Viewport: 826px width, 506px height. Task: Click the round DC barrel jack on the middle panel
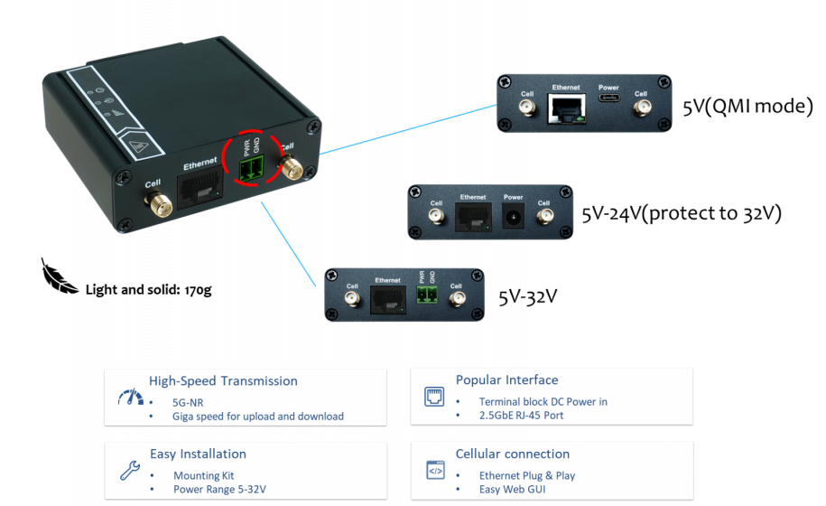tap(513, 216)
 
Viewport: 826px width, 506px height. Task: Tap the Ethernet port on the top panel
tap(565, 109)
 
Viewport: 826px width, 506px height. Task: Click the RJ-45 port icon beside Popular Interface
tap(434, 397)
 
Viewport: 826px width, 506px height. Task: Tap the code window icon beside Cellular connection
tap(434, 470)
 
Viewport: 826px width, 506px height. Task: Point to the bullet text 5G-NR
tap(188, 401)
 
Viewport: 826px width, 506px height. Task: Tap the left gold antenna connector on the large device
tap(153, 202)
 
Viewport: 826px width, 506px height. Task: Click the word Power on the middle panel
tap(513, 197)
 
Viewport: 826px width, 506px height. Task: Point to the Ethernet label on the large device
tap(201, 165)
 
